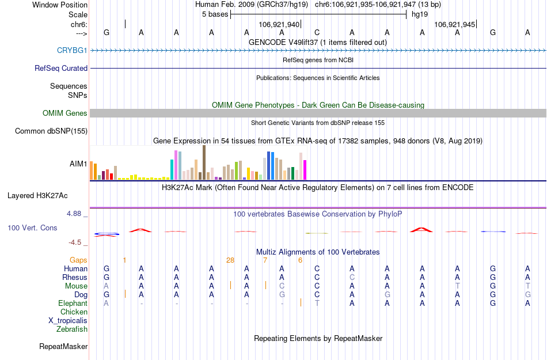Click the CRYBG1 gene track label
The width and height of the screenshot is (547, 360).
coord(72,51)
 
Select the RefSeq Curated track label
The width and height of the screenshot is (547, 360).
coord(61,68)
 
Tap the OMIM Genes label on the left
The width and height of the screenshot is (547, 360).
coord(65,113)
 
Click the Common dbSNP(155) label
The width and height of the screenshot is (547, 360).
coord(51,131)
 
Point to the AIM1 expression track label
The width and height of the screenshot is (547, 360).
coord(78,164)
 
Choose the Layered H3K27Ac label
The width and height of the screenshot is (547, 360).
coord(47,195)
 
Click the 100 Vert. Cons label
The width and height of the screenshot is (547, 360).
coord(32,228)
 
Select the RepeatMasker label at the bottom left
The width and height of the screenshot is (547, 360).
coord(63,347)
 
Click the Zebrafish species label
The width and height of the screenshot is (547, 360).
coord(72,329)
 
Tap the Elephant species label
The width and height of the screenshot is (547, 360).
coord(73,304)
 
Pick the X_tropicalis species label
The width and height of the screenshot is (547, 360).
coord(68,321)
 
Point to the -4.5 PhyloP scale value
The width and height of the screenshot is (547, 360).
coord(75,242)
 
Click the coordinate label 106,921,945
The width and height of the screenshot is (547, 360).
coord(455,25)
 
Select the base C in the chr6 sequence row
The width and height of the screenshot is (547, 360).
coord(317,32)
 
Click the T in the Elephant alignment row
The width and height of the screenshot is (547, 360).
coord(317,304)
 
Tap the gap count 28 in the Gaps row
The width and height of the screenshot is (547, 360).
coord(230,260)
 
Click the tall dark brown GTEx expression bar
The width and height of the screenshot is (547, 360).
coord(204,162)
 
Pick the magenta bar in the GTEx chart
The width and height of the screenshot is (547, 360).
coord(305,169)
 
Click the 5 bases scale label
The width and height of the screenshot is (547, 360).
coord(215,14)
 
